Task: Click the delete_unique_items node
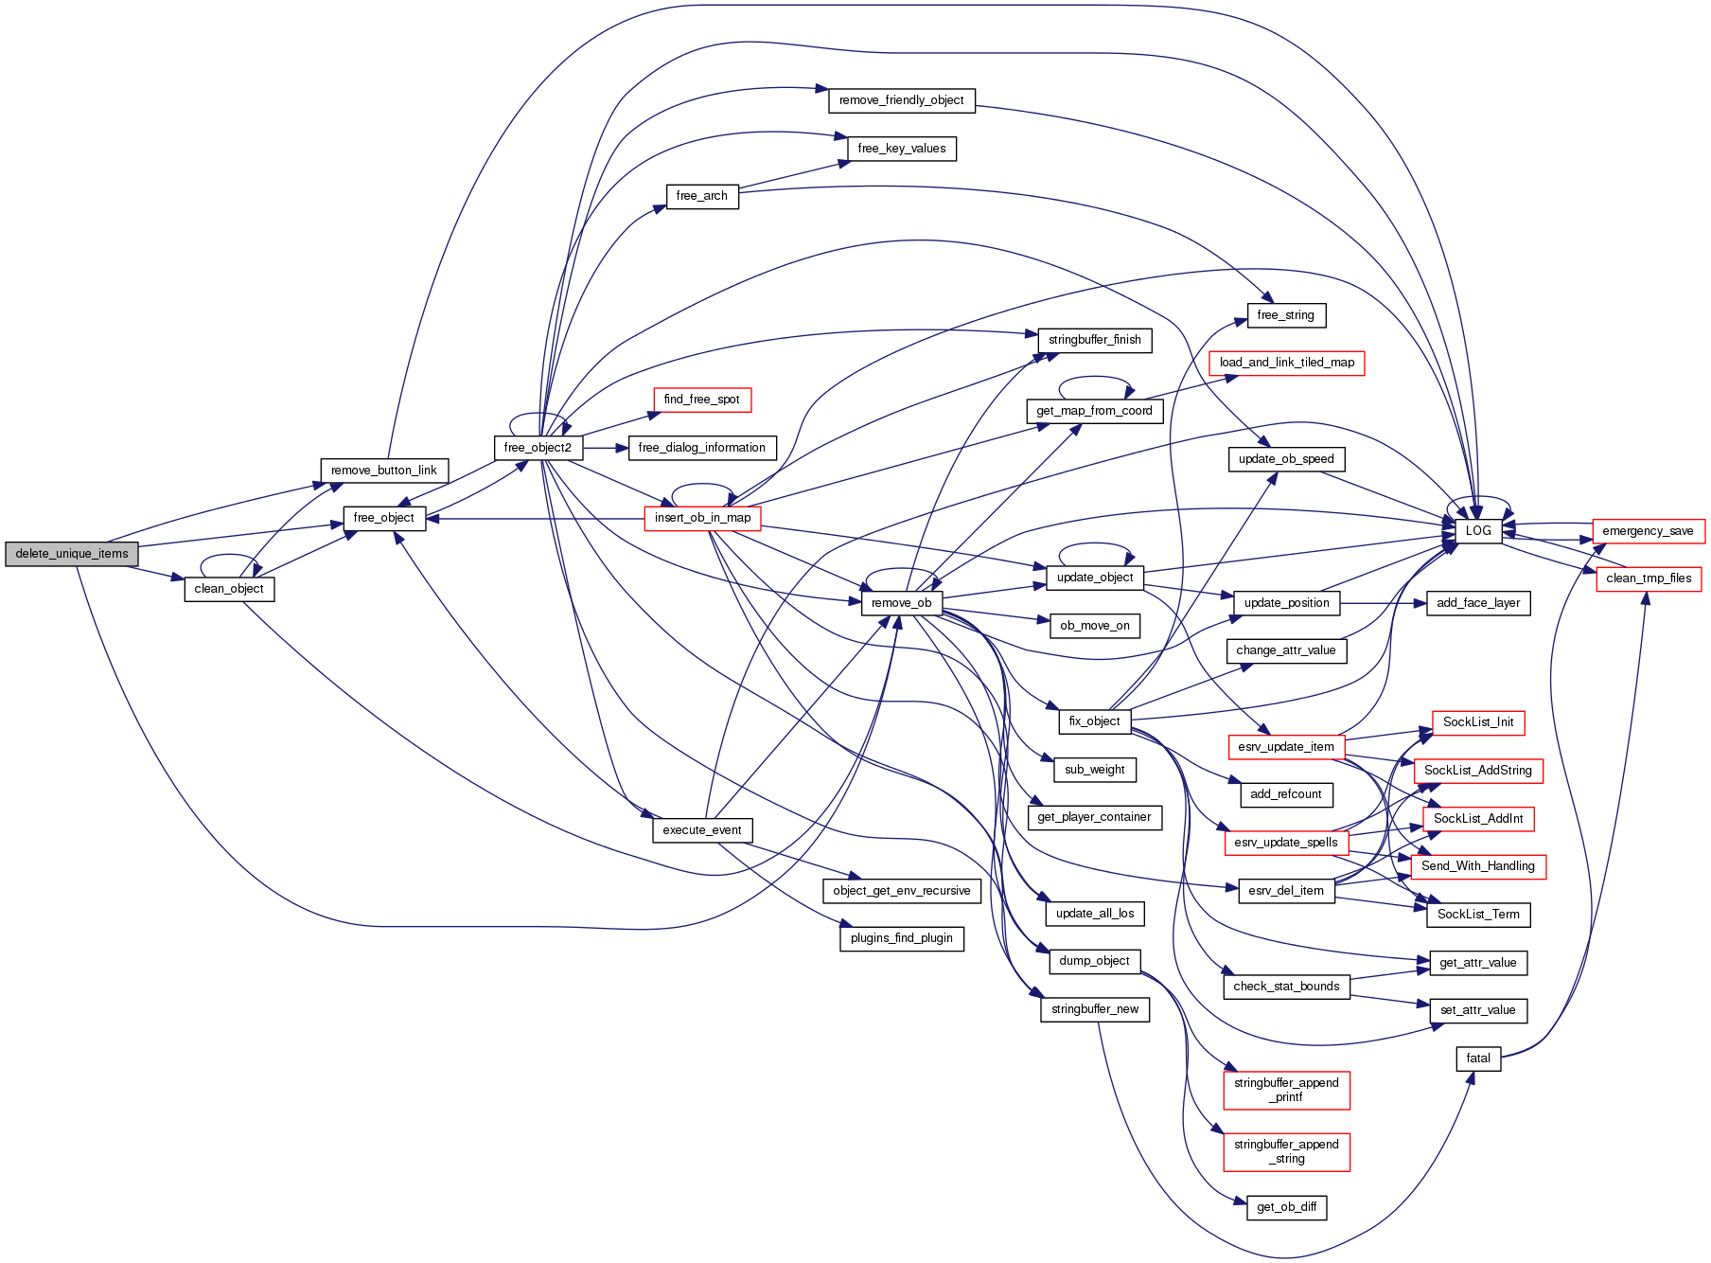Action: coord(72,554)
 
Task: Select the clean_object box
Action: coord(229,589)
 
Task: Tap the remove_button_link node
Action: coord(383,471)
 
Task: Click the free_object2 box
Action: coord(538,448)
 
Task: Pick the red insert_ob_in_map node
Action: coord(702,518)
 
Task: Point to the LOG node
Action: coord(1477,531)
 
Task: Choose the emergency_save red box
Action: coord(1648,531)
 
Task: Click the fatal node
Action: coord(1477,1058)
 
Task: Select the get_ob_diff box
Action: coord(1286,1207)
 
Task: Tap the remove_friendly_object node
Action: coord(901,100)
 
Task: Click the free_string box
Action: coord(1285,315)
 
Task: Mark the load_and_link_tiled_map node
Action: coord(1286,363)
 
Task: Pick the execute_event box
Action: coord(701,830)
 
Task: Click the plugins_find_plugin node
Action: coord(901,938)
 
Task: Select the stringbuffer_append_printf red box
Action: coord(1286,1090)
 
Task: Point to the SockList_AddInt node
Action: coord(1477,819)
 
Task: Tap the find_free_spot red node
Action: coord(701,400)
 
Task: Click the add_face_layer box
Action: coord(1477,603)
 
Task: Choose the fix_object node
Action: coord(1094,721)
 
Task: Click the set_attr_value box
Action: coord(1477,1010)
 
